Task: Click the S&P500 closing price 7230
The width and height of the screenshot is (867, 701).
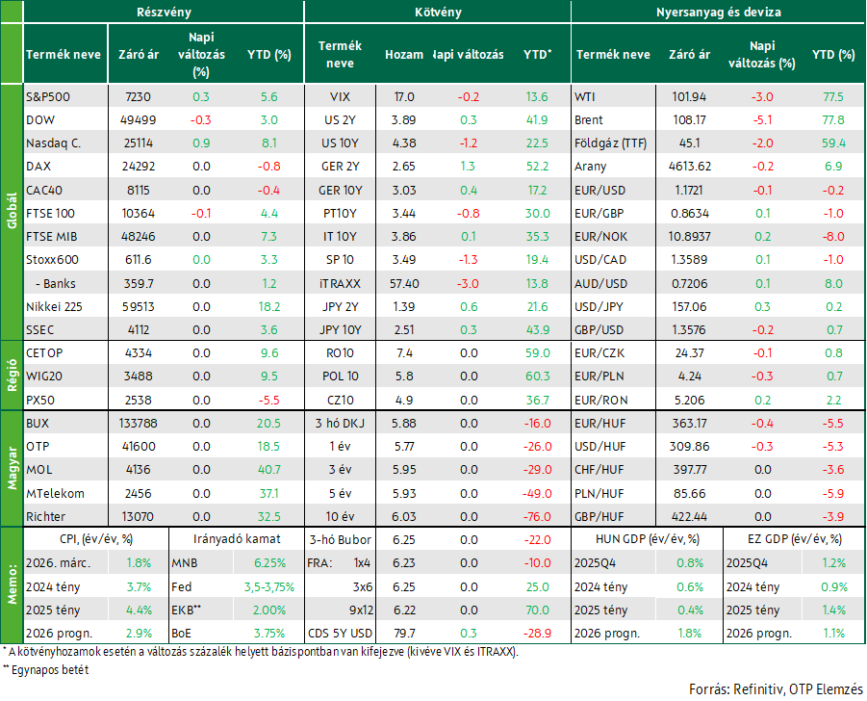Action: coord(138,97)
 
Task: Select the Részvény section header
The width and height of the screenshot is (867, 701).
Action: coord(164,13)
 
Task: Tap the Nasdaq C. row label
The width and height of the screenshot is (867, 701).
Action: coord(53,143)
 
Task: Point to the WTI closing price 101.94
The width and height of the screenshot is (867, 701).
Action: coord(689,97)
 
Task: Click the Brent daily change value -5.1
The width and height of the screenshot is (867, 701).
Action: coord(762,120)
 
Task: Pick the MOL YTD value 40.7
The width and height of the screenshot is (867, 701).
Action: coord(269,470)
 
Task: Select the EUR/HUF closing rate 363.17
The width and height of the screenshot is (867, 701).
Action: coord(689,424)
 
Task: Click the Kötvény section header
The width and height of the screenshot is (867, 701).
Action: coord(438,13)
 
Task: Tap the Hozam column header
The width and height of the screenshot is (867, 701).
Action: coord(404,55)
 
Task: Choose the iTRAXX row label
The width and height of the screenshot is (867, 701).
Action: coord(340,284)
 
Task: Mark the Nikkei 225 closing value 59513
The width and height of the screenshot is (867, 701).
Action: coord(139,307)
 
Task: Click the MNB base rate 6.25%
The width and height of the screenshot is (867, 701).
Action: coord(269,563)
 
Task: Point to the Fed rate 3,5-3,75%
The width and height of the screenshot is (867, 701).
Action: coord(269,587)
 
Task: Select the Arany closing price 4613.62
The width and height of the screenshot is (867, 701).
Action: coord(690,167)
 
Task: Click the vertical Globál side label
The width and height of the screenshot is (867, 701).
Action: coord(13,211)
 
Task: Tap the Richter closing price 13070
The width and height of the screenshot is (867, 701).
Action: coord(138,517)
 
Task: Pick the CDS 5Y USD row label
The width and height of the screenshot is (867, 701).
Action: coord(340,634)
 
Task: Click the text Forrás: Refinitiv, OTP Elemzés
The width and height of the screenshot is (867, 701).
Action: coord(776,689)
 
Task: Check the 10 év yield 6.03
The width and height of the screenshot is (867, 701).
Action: coord(404,517)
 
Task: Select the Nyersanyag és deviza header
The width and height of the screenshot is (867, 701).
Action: coord(718,13)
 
